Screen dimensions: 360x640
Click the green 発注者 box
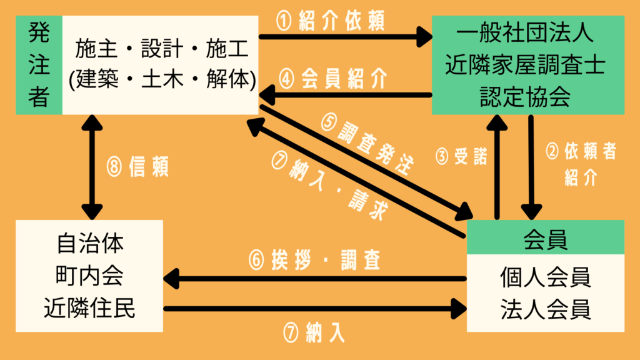39,65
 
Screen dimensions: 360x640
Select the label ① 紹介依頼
331,21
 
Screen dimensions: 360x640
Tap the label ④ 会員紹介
335,79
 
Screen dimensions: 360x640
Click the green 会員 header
545,237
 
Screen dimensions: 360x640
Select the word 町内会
89,276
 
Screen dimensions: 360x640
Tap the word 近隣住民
89,309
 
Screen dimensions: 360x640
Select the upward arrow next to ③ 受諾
497,166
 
